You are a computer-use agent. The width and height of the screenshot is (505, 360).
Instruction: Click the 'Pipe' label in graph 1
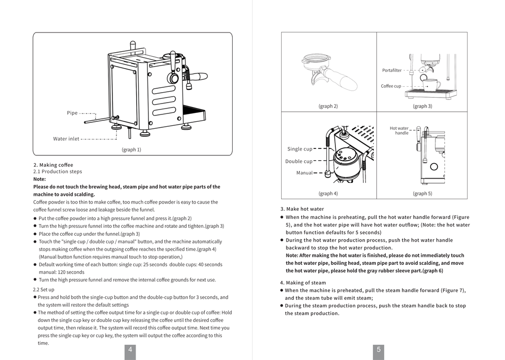coord(72,113)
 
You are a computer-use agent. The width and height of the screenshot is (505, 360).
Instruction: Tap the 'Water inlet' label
coord(66,139)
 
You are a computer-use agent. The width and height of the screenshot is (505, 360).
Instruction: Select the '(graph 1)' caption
coord(131,149)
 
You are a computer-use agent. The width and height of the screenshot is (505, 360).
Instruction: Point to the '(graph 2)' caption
coord(328,106)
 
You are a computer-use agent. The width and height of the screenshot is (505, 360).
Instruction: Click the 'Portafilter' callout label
coord(392,71)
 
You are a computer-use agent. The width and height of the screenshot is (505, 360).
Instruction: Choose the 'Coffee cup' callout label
coord(391,86)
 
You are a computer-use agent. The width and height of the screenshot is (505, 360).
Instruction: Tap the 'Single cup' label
coord(299,149)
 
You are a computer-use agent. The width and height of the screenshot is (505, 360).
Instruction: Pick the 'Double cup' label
coord(298,161)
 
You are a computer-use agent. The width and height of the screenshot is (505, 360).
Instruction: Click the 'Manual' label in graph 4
coord(304,173)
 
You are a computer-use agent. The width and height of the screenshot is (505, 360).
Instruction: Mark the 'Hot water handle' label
coord(399,131)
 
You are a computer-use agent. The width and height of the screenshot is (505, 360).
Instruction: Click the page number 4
coord(130,350)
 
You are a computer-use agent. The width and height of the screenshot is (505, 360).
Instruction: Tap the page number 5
coord(378,350)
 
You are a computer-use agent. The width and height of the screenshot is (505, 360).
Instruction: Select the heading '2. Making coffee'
coord(53,165)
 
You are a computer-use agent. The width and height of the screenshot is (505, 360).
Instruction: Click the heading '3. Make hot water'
coord(302,209)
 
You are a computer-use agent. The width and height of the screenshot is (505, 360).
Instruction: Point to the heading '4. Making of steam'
coord(303,283)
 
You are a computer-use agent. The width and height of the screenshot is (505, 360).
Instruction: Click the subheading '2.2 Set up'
coord(43,289)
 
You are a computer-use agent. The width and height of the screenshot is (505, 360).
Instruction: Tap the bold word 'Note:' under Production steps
coord(39,179)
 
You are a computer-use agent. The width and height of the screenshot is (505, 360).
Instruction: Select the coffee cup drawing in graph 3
coord(432,85)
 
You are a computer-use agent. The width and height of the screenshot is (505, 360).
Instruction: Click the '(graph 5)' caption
coord(422,193)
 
